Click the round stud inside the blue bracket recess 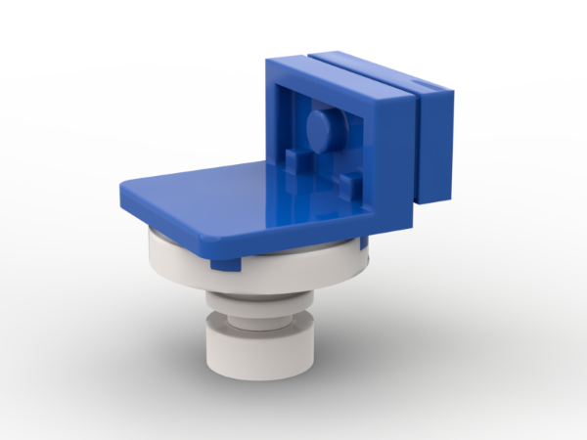point(322,127)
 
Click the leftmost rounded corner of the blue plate point(122,192)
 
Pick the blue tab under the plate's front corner point(226,265)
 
